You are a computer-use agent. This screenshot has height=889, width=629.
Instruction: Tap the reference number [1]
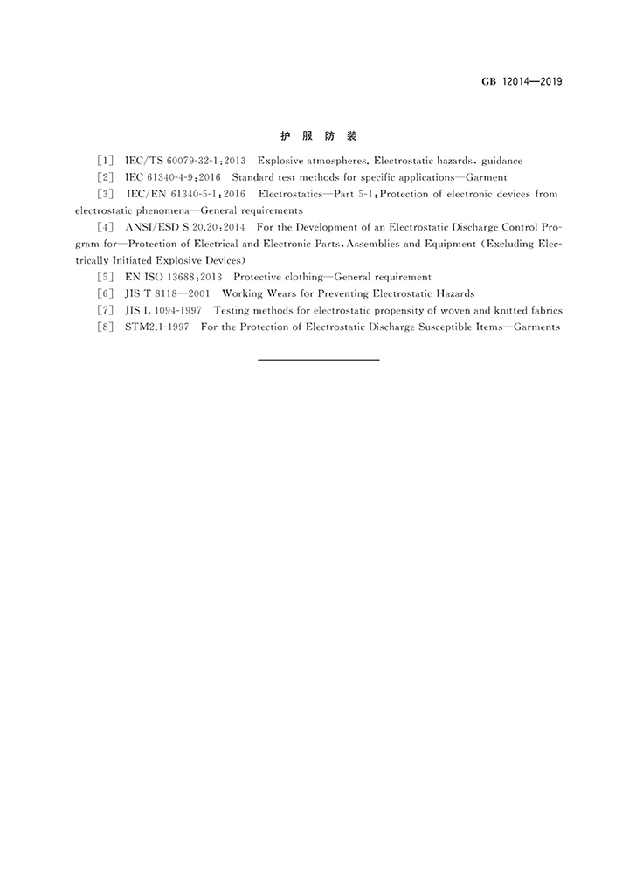pos(106,162)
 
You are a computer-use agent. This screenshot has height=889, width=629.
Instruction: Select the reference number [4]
pos(106,227)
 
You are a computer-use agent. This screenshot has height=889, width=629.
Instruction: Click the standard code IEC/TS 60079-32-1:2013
pos(173,162)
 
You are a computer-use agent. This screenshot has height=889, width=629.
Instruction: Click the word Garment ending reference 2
pos(487,178)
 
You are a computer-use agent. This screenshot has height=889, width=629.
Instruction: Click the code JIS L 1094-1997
pos(163,310)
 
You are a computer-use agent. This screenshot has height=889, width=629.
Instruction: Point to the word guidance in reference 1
pos(499,162)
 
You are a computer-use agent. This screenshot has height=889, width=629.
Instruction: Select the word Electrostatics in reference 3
pos(289,194)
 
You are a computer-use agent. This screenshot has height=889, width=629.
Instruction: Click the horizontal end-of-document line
pos(318,360)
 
